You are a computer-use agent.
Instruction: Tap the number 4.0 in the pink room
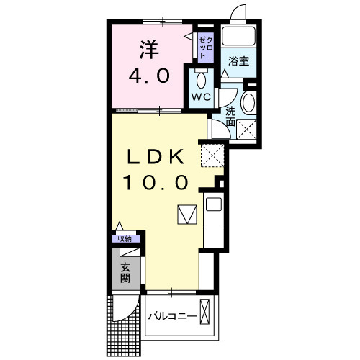(148, 75)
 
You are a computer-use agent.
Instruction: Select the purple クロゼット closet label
(204, 47)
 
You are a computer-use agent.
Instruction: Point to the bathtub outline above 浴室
(238, 37)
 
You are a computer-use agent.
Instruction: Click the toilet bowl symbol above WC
(200, 79)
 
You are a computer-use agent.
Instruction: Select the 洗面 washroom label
(230, 117)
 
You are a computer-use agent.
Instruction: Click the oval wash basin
(248, 103)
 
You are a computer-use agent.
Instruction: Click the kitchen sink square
(214, 204)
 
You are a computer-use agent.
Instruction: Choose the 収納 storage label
(125, 239)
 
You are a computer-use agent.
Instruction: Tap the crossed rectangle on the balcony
(207, 315)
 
